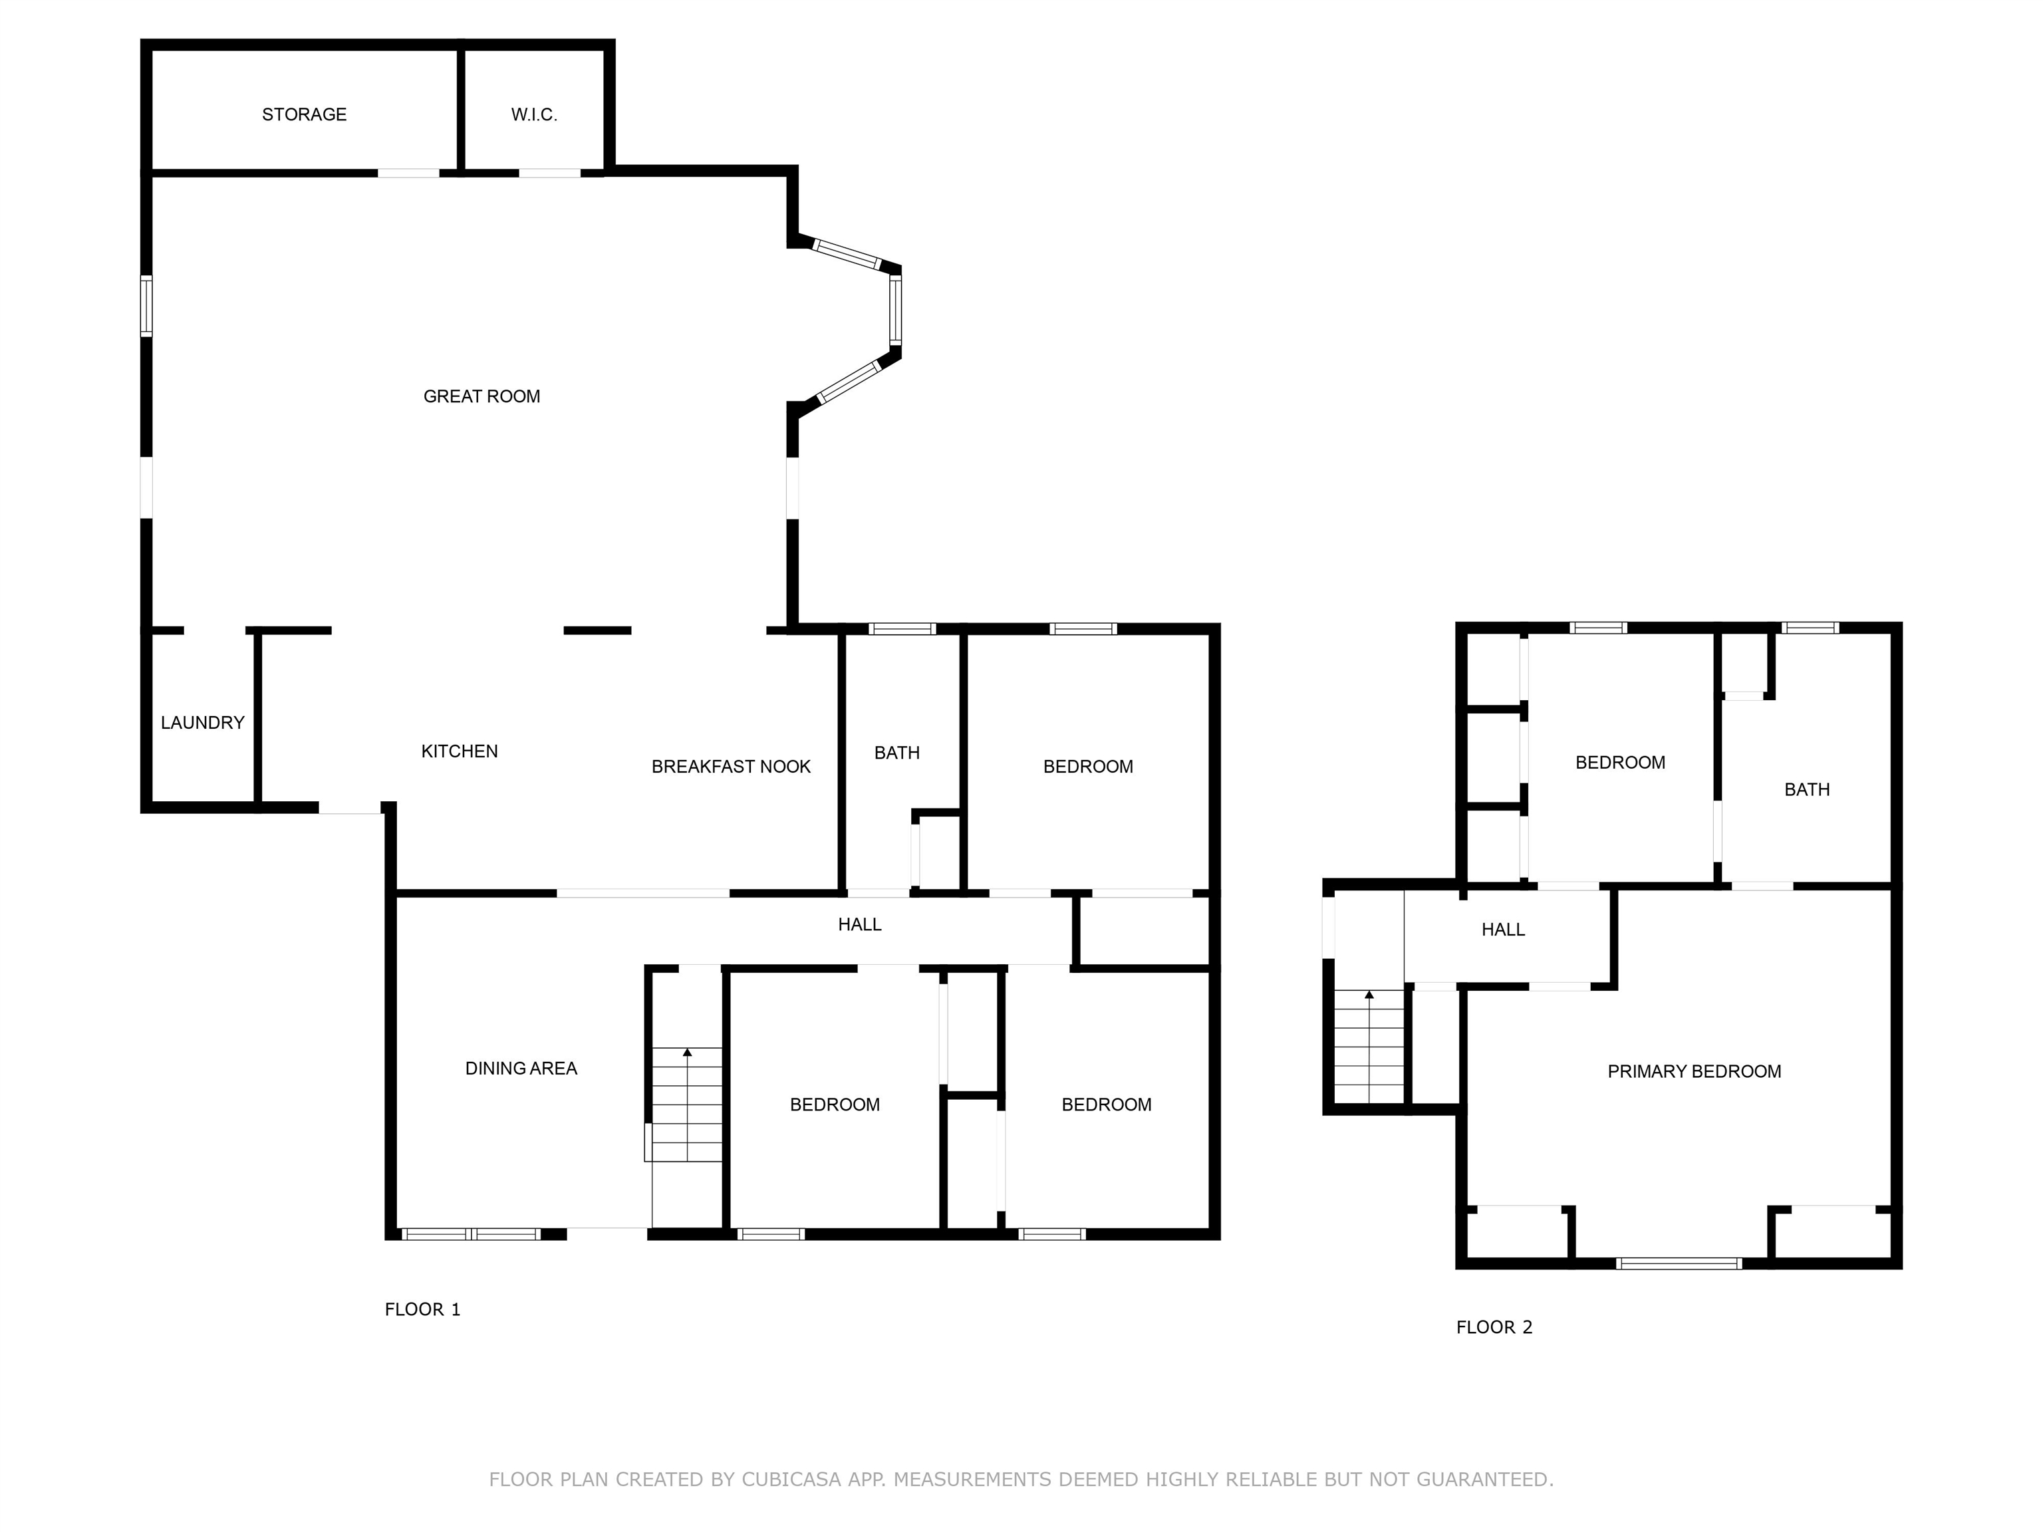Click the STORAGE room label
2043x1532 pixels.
click(304, 114)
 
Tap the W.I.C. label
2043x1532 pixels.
click(534, 114)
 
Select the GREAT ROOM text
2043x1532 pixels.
click(481, 396)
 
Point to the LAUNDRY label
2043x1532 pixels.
click(202, 723)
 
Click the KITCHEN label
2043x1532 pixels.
click(459, 751)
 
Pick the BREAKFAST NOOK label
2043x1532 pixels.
click(731, 767)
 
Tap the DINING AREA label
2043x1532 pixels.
click(521, 1069)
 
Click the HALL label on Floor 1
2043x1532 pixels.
click(859, 924)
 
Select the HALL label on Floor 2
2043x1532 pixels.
click(1503, 930)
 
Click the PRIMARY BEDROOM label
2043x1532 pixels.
click(1694, 1071)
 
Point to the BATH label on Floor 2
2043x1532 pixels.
click(1806, 789)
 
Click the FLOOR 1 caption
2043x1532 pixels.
click(422, 1309)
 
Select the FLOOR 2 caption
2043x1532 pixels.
click(1494, 1327)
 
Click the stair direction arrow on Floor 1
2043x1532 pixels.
click(687, 1053)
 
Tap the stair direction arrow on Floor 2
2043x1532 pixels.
click(1369, 995)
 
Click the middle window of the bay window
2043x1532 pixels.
click(895, 311)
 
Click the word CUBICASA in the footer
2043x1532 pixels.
click(791, 1479)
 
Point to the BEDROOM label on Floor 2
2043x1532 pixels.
click(1620, 763)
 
